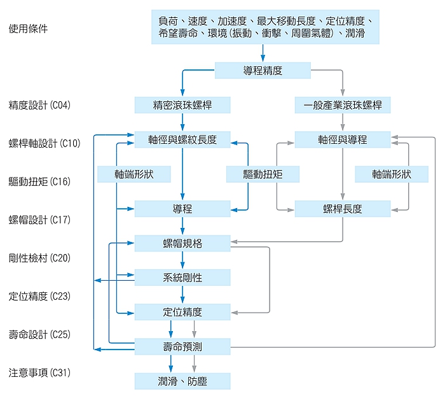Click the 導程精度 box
click(x=263, y=70)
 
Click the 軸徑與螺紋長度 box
click(x=182, y=139)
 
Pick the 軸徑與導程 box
click(x=343, y=139)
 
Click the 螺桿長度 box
click(x=343, y=208)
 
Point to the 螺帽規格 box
click(x=182, y=243)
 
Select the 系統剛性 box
click(x=182, y=277)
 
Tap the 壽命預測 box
click(x=182, y=346)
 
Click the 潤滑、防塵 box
click(x=182, y=381)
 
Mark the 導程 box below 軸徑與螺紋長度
click(x=182, y=208)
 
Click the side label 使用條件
click(x=28, y=29)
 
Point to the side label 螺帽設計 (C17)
click(x=44, y=220)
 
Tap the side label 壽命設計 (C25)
click(x=44, y=334)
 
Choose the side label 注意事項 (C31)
click(x=44, y=372)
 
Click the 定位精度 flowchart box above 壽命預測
click(x=182, y=311)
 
